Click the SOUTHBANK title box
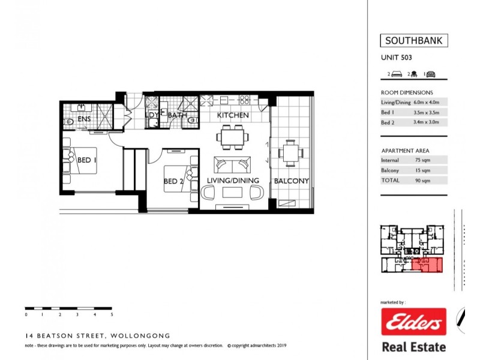click(414, 41)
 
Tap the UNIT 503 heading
click(397, 58)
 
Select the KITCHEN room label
click(233, 115)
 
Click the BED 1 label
click(88, 160)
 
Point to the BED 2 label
click(175, 181)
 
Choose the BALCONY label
click(291, 181)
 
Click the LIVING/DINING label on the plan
click(233, 181)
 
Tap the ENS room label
click(84, 120)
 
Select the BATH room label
click(178, 115)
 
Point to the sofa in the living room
click(233, 164)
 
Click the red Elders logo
click(414, 322)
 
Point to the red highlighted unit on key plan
click(428, 265)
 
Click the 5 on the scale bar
click(112, 314)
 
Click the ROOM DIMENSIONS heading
click(407, 92)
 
